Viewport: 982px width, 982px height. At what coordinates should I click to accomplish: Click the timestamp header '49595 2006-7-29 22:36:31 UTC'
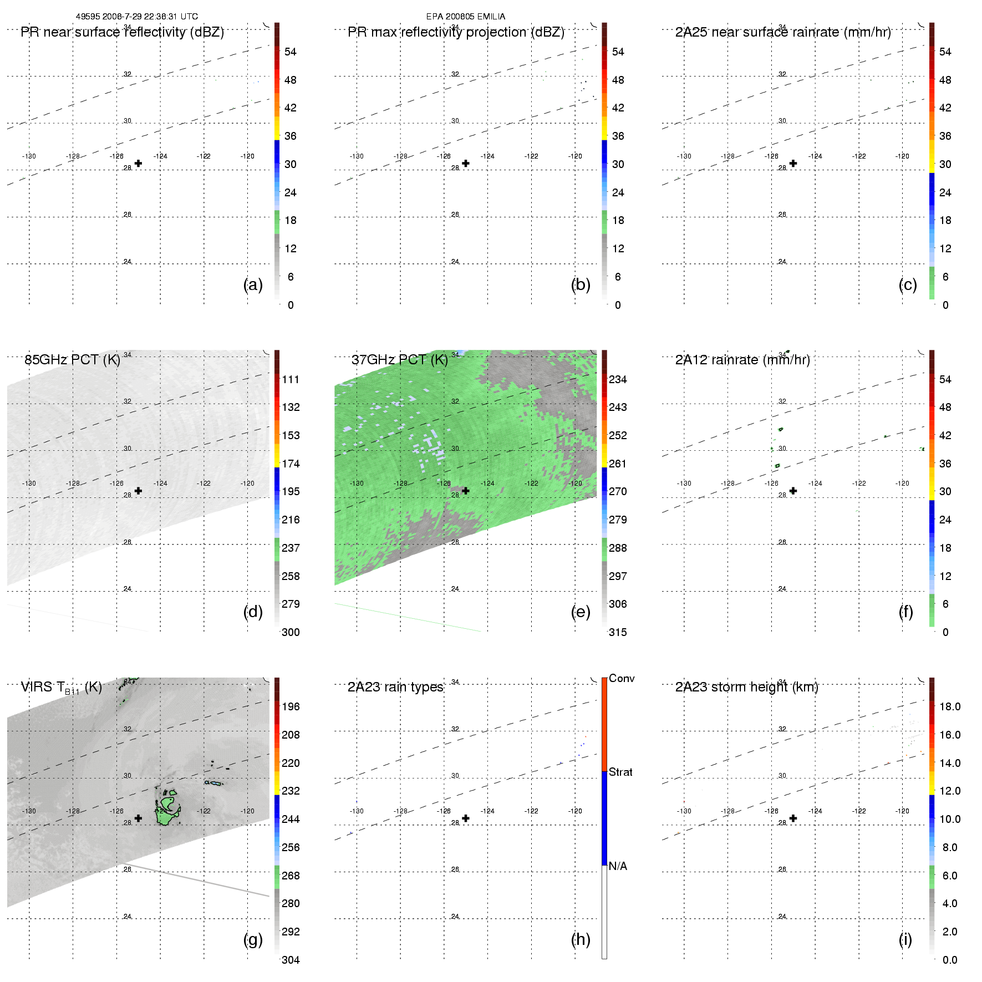click(x=136, y=17)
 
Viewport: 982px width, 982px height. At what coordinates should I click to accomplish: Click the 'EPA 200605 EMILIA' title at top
click(x=465, y=17)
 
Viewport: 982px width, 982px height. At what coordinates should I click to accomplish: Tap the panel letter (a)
click(x=253, y=284)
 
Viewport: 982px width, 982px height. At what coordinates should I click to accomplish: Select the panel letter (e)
click(x=581, y=612)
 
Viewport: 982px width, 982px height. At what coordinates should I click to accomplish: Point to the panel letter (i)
click(x=905, y=939)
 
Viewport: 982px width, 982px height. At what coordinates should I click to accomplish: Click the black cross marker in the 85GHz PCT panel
click(x=138, y=491)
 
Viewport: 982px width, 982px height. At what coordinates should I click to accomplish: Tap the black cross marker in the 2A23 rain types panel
click(x=466, y=818)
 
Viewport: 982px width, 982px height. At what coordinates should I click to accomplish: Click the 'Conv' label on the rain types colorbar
click(x=621, y=678)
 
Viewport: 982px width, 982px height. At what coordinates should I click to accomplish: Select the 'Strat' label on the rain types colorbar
click(x=620, y=772)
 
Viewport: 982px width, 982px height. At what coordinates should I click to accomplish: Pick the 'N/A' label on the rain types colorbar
click(x=618, y=866)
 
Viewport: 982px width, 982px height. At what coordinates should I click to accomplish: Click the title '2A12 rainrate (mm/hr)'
click(x=742, y=360)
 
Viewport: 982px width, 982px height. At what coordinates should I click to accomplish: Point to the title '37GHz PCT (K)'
click(x=399, y=360)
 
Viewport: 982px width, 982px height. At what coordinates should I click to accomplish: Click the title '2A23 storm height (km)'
click(x=746, y=687)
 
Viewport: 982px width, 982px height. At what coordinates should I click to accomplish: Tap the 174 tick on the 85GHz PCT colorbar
click(x=291, y=464)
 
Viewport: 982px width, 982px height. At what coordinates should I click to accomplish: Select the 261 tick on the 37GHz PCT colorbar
click(x=618, y=464)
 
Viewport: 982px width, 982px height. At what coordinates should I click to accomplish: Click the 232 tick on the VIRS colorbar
click(x=291, y=791)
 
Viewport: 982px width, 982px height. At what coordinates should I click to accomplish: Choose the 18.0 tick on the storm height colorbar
click(x=949, y=706)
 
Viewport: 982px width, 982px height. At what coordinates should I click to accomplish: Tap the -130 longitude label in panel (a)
click(x=29, y=156)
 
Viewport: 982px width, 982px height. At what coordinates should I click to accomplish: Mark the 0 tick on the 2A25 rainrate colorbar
click(x=945, y=305)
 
